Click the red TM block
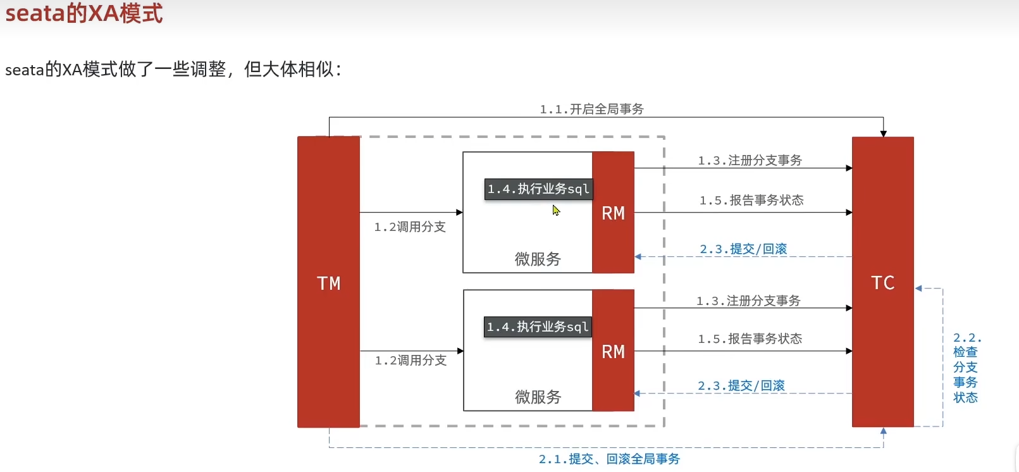[328, 282]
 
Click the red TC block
[882, 282]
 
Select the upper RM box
[613, 213]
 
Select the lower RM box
[613, 351]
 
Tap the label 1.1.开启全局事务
[591, 109]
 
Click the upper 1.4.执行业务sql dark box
[538, 189]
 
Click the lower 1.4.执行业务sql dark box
[538, 327]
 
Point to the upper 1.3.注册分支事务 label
[750, 160]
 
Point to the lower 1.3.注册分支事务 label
[748, 301]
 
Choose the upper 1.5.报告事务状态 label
[751, 200]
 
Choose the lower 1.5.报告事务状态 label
[750, 338]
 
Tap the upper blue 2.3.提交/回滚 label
[743, 249]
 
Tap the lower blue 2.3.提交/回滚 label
[741, 385]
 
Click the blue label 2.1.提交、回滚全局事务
[609, 459]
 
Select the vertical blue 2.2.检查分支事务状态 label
[966, 368]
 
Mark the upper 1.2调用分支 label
[410, 227]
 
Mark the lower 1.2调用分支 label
[411, 360]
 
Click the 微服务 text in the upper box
[538, 259]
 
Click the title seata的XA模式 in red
[84, 13]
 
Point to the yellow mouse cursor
[556, 210]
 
